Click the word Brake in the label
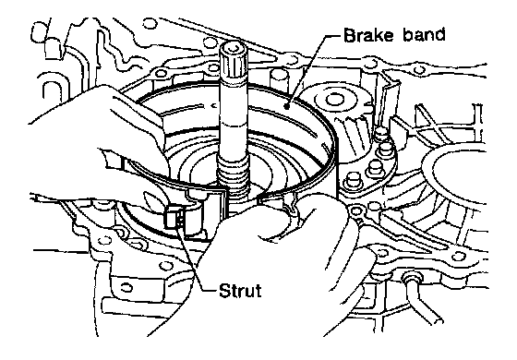pos(368,35)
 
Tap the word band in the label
pos(424,35)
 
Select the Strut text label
pos(240,291)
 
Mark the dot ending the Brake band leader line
pos(287,106)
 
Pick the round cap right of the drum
pos(334,100)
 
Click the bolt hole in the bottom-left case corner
pos(126,287)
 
